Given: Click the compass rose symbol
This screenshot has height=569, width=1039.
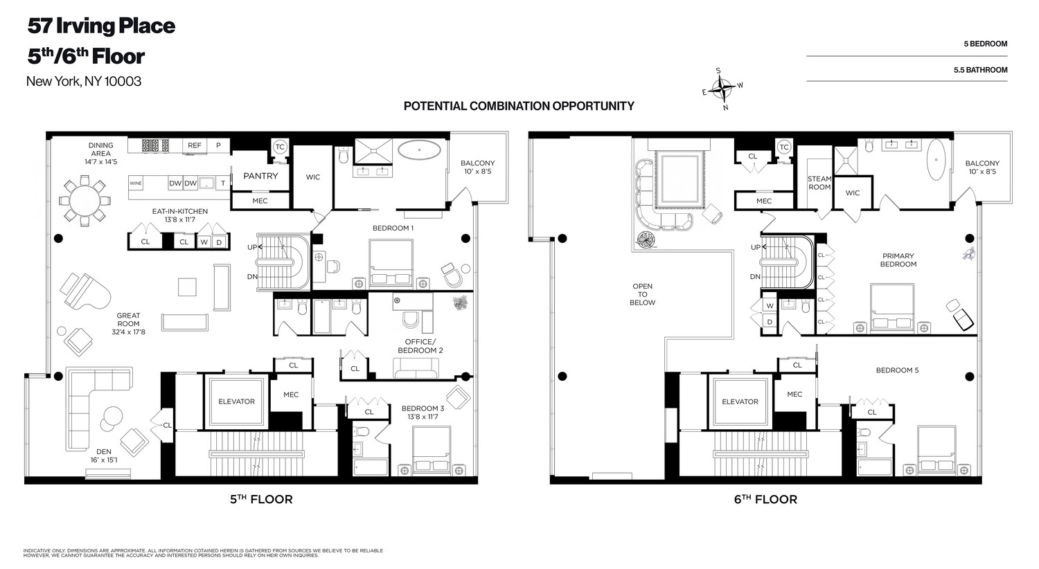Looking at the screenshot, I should pyautogui.click(x=724, y=88).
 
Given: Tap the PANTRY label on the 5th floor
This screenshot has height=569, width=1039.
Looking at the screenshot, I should pyautogui.click(x=260, y=176).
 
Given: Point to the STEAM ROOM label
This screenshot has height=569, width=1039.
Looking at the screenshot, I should pyautogui.click(x=819, y=183).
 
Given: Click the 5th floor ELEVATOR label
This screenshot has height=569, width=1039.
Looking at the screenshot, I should pyautogui.click(x=236, y=401).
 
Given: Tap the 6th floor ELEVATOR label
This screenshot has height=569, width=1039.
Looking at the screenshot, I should pyautogui.click(x=740, y=401).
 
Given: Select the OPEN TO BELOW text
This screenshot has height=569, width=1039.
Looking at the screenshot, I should pyautogui.click(x=642, y=294).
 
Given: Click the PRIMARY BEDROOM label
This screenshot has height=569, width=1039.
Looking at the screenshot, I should pyautogui.click(x=898, y=260).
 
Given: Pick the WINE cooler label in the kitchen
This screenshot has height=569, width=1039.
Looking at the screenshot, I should pyautogui.click(x=137, y=183).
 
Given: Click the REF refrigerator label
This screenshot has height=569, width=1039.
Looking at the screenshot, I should pyautogui.click(x=195, y=145).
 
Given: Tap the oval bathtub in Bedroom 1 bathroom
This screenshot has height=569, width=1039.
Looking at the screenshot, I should pyautogui.click(x=419, y=150).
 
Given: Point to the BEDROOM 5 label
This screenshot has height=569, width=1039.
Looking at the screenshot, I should pyautogui.click(x=897, y=370).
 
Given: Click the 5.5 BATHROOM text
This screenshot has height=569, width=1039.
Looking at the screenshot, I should pyautogui.click(x=980, y=70).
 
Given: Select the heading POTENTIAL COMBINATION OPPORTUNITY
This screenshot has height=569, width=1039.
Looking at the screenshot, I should pyautogui.click(x=519, y=106).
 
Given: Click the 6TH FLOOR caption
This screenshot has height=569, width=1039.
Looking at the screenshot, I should pyautogui.click(x=765, y=499).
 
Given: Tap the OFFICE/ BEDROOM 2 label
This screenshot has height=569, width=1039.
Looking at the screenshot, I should pyautogui.click(x=420, y=346).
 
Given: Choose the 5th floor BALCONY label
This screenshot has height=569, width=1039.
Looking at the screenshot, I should pyautogui.click(x=478, y=168).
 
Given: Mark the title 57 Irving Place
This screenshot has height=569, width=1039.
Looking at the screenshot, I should pyautogui.click(x=101, y=26).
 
